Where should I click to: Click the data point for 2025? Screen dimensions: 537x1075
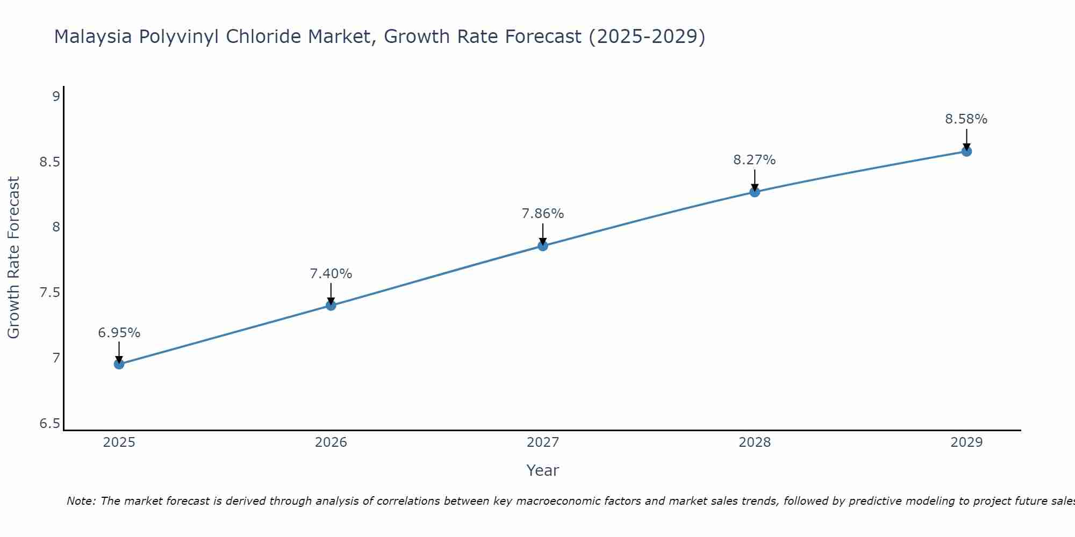coord(119,364)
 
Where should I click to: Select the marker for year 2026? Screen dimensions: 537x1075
coord(331,306)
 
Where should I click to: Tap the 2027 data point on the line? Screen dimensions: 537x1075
coord(543,246)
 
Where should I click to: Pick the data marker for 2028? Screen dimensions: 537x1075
coord(755,192)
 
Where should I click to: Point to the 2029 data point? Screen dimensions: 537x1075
coord(966,151)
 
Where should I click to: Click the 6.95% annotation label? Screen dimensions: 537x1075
coord(119,333)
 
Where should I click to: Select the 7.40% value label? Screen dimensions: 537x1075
coord(331,274)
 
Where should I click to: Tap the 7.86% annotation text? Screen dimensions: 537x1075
coord(543,214)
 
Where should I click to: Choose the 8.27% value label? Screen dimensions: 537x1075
coord(755,160)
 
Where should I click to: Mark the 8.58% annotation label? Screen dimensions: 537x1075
coord(966,119)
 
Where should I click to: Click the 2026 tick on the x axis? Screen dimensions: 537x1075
coord(331,442)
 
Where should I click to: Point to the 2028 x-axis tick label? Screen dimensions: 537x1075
coord(755,442)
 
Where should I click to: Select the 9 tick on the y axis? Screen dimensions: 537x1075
coord(56,97)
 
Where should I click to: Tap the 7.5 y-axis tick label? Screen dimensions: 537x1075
coord(49,293)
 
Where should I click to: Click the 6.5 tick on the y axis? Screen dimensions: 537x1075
coord(49,424)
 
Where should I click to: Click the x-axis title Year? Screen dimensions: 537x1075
coord(543,470)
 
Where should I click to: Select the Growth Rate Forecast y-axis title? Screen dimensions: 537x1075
coord(13,258)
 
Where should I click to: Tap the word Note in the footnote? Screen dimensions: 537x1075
coord(81,501)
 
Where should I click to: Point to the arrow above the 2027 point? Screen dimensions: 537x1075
coord(543,234)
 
